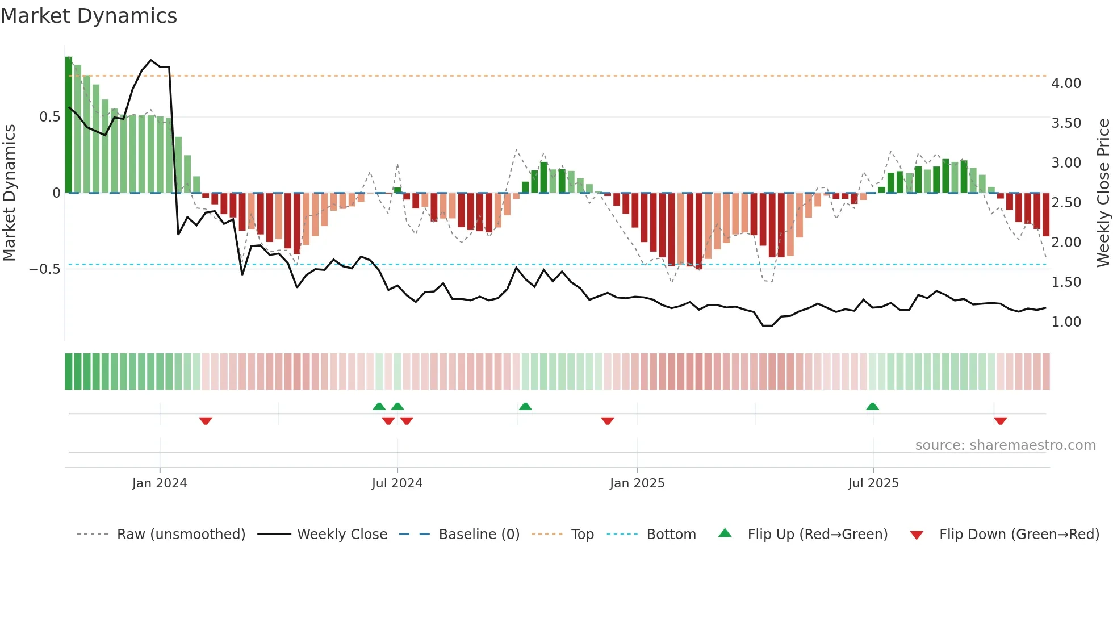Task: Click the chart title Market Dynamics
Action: point(89,16)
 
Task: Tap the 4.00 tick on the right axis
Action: point(1066,84)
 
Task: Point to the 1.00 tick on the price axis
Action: point(1066,322)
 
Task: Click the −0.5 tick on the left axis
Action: point(45,269)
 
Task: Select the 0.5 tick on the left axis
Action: point(50,117)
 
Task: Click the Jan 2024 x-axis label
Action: point(160,483)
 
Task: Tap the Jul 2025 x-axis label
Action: point(873,483)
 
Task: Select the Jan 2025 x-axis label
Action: point(637,483)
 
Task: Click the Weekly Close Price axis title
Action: point(1103,193)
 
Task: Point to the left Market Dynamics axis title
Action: point(10,193)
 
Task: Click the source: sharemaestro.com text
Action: point(1005,445)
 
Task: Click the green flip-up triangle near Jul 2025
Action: point(873,407)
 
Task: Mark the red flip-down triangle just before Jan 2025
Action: point(608,421)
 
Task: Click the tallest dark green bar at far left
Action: point(69,125)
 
